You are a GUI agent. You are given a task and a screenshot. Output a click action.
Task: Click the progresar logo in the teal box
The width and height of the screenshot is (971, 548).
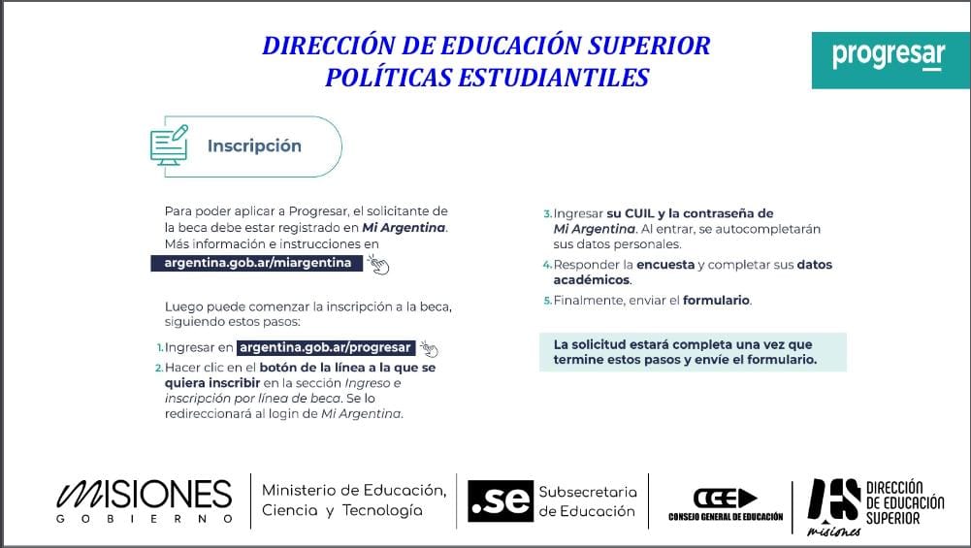888,55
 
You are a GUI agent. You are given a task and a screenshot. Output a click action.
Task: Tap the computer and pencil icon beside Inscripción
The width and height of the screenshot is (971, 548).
169,145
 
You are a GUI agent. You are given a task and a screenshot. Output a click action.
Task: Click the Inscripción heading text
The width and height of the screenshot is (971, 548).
254,145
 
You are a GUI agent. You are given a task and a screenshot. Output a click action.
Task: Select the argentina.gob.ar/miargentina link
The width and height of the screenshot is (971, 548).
257,263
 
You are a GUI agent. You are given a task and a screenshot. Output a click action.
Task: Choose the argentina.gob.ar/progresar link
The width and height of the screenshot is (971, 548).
326,347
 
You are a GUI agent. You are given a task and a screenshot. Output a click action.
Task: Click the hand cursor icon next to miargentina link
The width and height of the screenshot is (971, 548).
377,265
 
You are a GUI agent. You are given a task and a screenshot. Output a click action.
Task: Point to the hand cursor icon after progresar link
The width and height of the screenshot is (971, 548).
429,349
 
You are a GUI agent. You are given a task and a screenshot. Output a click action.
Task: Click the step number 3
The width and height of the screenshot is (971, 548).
547,213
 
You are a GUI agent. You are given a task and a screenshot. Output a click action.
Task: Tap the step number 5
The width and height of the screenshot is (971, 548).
547,301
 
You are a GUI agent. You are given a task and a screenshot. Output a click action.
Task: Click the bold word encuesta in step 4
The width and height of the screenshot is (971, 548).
665,265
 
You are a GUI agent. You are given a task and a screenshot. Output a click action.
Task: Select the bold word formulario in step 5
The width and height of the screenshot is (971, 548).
716,301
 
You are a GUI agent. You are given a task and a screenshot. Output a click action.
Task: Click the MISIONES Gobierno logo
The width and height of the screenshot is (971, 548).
145,500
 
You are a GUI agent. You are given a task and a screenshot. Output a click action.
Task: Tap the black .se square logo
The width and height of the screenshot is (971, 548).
499,500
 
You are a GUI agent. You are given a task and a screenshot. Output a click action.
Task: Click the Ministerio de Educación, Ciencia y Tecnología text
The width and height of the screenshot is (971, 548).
354,500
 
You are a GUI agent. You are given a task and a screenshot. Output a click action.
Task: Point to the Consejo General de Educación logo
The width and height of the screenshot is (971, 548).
725,502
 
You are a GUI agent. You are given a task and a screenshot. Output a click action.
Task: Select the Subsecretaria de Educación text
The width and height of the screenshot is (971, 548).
588,500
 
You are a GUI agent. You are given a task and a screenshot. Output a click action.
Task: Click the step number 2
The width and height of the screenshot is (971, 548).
158,369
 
